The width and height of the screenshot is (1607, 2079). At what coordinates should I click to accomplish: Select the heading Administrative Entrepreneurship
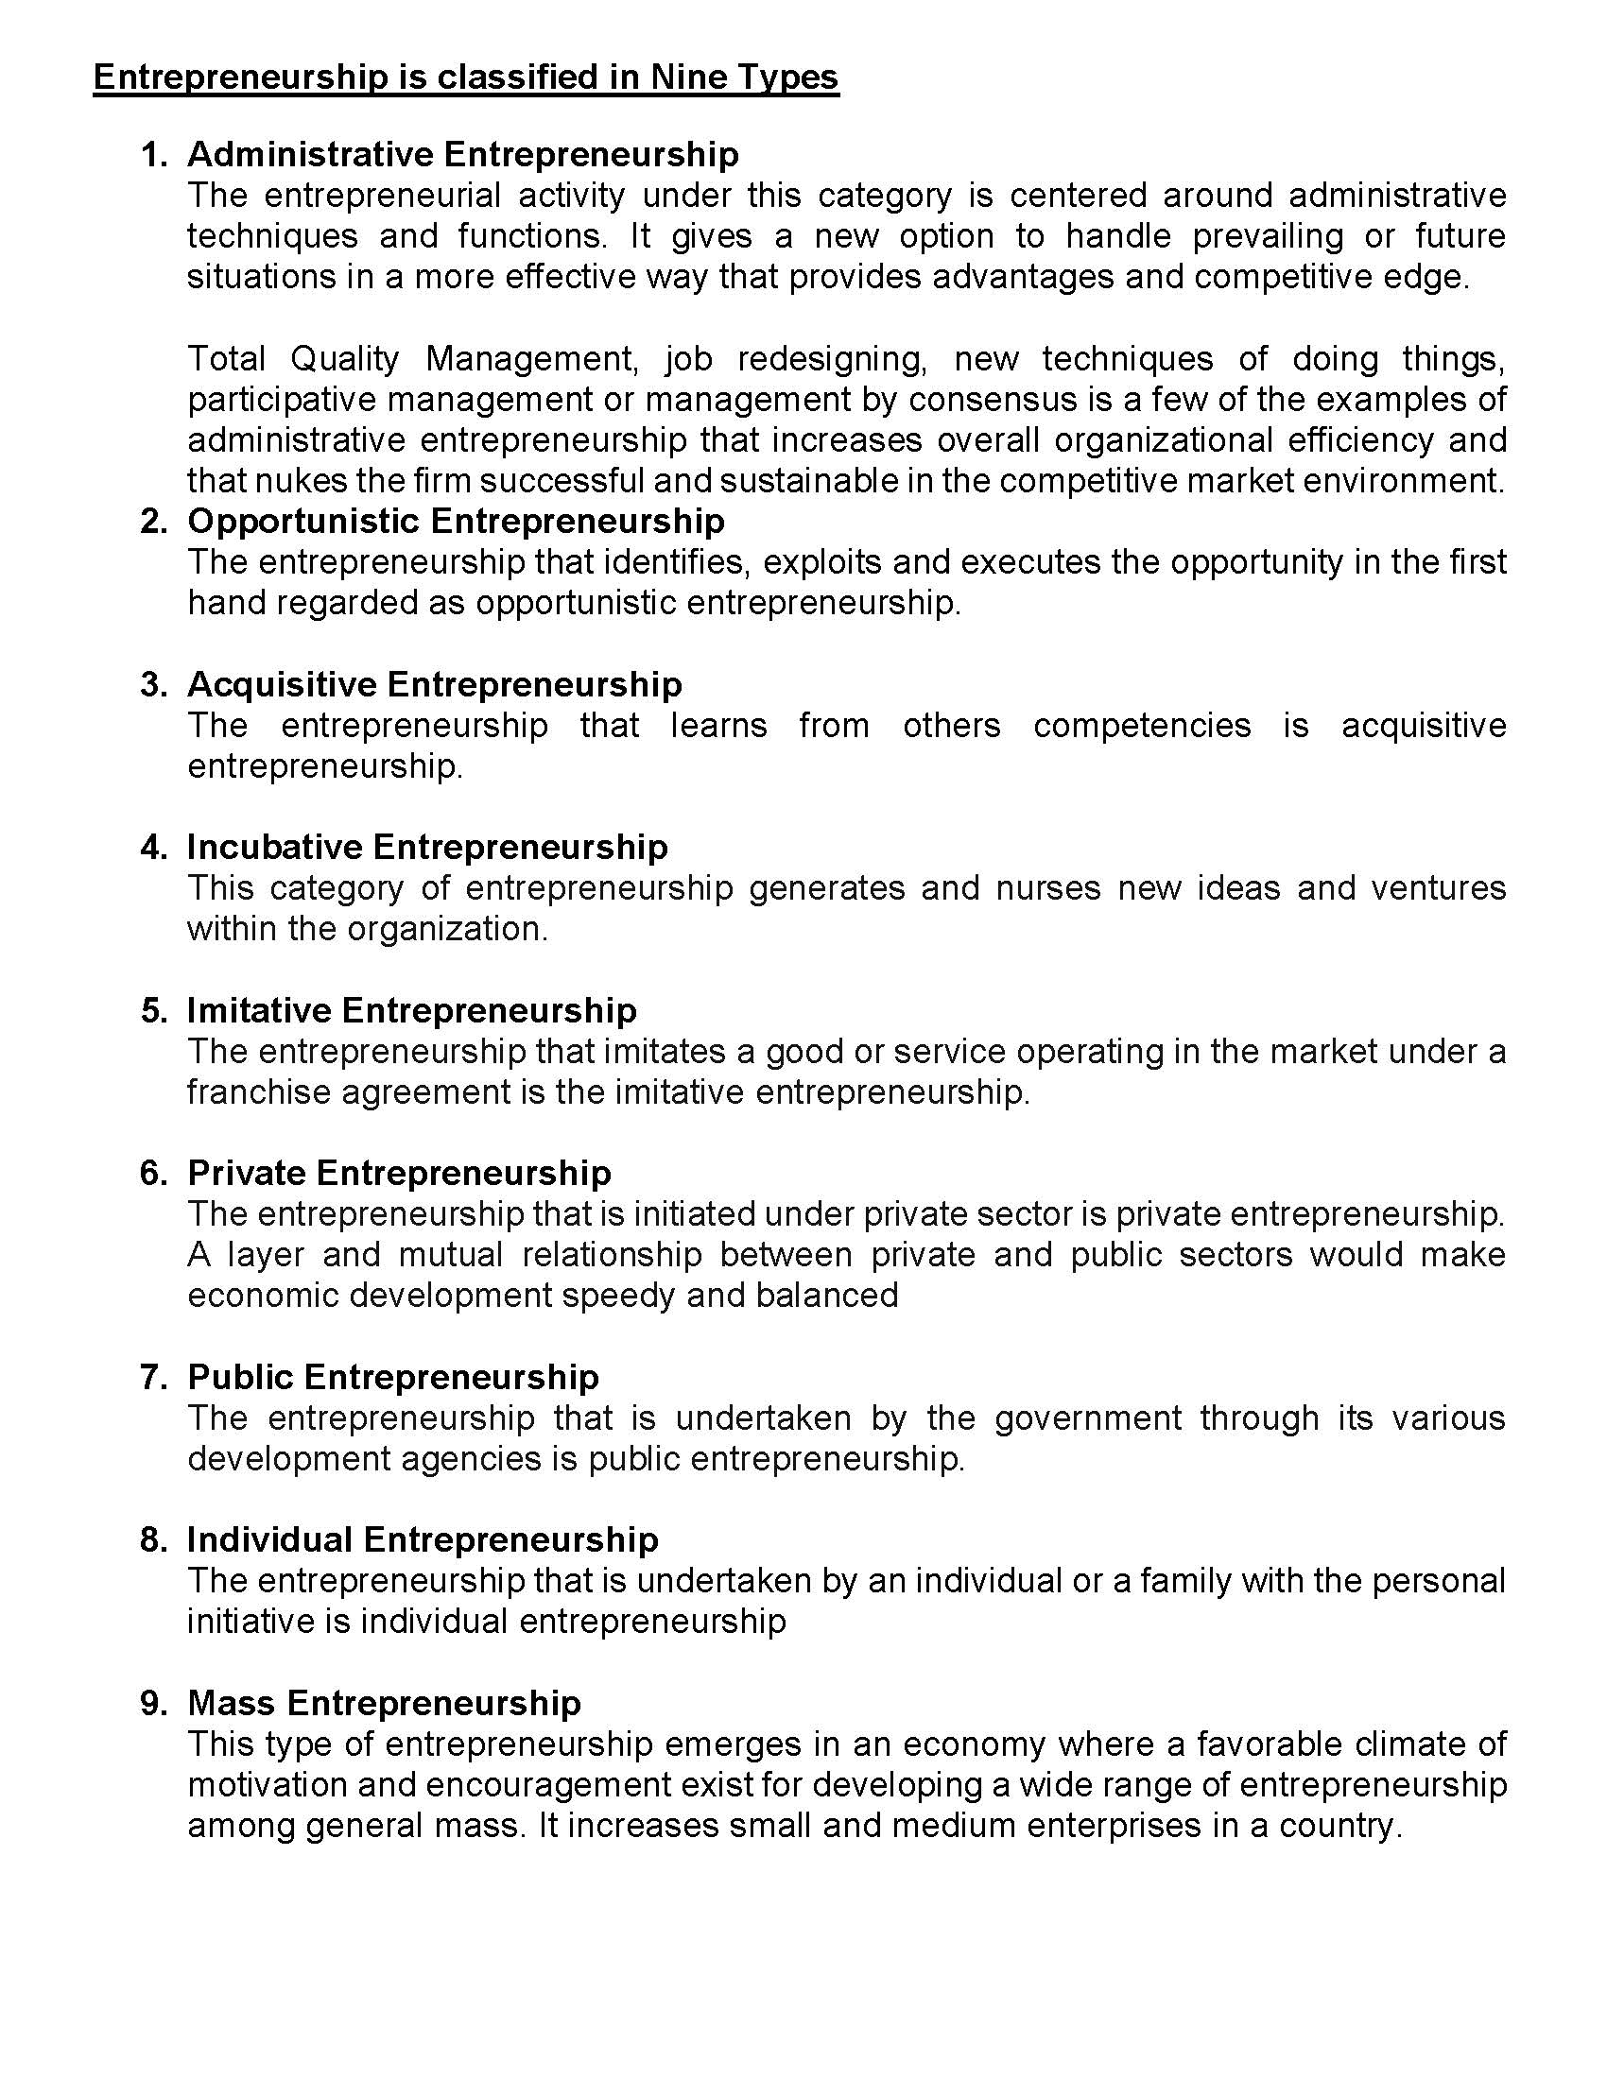point(462,154)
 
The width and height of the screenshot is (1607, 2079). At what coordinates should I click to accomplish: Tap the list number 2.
point(153,522)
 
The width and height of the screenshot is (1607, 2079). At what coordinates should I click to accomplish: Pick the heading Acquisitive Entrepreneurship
point(434,684)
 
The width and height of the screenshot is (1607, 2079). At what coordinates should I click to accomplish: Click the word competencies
point(1142,726)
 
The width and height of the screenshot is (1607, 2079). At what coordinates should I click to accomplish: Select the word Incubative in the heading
point(273,848)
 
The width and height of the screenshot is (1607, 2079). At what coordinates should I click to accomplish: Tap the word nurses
point(1047,888)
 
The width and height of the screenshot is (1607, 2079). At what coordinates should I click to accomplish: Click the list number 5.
point(153,1010)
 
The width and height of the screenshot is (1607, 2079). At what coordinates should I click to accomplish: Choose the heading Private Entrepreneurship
point(399,1173)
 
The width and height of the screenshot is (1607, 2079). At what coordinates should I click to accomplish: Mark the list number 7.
point(153,1378)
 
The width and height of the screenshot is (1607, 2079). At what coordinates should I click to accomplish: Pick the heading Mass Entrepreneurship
point(384,1703)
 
